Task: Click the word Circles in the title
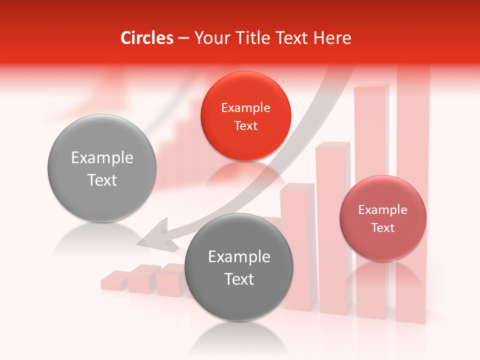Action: [146, 37]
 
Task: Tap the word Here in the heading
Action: [332, 37]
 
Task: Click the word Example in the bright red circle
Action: [245, 108]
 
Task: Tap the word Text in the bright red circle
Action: [245, 126]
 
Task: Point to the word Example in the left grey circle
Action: [102, 158]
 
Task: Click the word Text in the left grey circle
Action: [102, 180]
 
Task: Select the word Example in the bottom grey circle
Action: [239, 257]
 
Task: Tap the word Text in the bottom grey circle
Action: [239, 279]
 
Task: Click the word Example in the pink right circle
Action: [382, 210]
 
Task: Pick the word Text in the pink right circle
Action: [382, 228]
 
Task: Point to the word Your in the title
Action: [209, 37]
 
